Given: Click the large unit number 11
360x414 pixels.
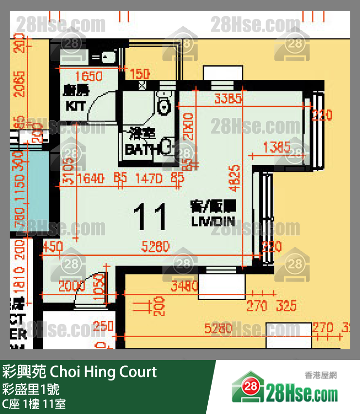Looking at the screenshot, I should [x=150, y=217].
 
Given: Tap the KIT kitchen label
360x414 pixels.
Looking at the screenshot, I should [x=75, y=106].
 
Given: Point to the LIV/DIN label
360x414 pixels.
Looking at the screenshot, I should [x=213, y=221].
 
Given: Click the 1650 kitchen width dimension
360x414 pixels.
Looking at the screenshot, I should [x=88, y=76].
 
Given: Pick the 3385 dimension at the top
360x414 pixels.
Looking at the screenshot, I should [x=228, y=99].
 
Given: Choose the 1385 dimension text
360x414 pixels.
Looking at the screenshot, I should [x=276, y=146].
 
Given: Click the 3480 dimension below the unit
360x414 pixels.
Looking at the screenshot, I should [x=184, y=287].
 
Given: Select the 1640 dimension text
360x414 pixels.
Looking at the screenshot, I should [x=90, y=178].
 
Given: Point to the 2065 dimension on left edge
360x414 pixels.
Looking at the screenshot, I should [x=19, y=84].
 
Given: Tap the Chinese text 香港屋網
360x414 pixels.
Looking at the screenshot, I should [x=321, y=375].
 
